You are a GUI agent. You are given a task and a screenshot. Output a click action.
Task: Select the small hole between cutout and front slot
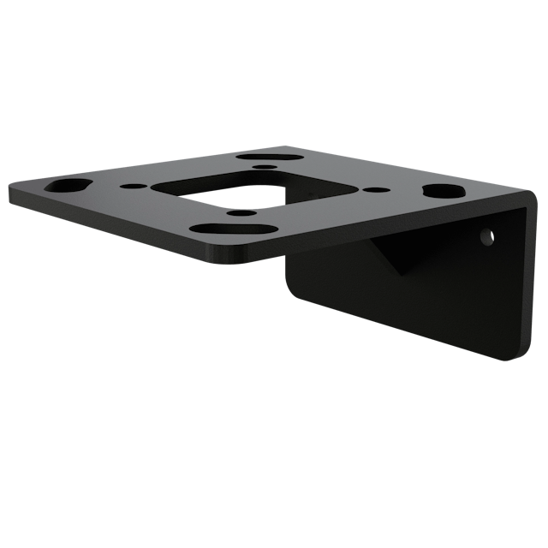(x=239, y=211)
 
